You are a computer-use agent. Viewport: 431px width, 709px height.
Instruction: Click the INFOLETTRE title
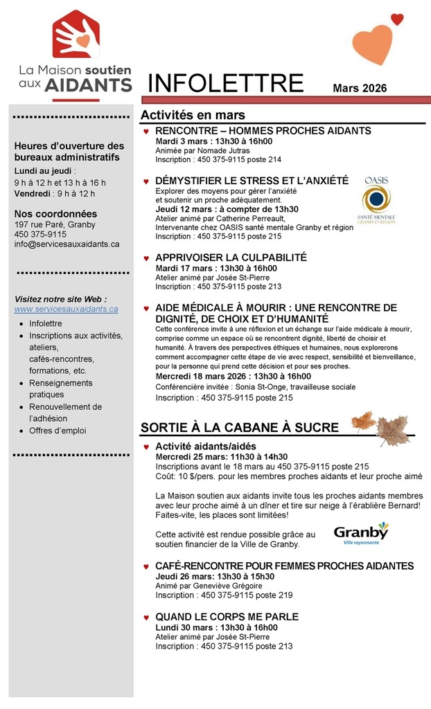click(226, 84)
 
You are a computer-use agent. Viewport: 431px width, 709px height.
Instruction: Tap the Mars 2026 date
click(359, 88)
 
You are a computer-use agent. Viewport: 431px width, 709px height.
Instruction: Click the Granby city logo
click(360, 534)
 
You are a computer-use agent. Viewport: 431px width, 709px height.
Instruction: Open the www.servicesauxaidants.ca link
click(67, 309)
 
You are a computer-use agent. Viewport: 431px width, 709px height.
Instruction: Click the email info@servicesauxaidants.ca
click(67, 244)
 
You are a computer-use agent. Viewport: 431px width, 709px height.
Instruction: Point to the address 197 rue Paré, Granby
click(55, 224)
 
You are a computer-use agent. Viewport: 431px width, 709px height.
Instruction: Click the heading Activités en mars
click(193, 115)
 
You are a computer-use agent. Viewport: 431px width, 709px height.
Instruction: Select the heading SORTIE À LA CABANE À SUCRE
click(239, 427)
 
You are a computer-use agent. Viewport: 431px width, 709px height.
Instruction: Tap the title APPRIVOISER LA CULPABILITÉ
click(231, 258)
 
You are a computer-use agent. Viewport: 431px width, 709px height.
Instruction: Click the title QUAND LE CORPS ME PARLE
click(227, 616)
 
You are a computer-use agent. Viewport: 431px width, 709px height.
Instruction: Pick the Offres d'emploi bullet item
click(58, 431)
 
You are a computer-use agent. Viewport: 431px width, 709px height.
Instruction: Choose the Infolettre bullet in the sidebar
click(46, 323)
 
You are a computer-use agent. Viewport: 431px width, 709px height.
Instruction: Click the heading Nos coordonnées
click(55, 213)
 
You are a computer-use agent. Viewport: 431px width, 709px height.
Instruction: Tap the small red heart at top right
click(397, 19)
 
